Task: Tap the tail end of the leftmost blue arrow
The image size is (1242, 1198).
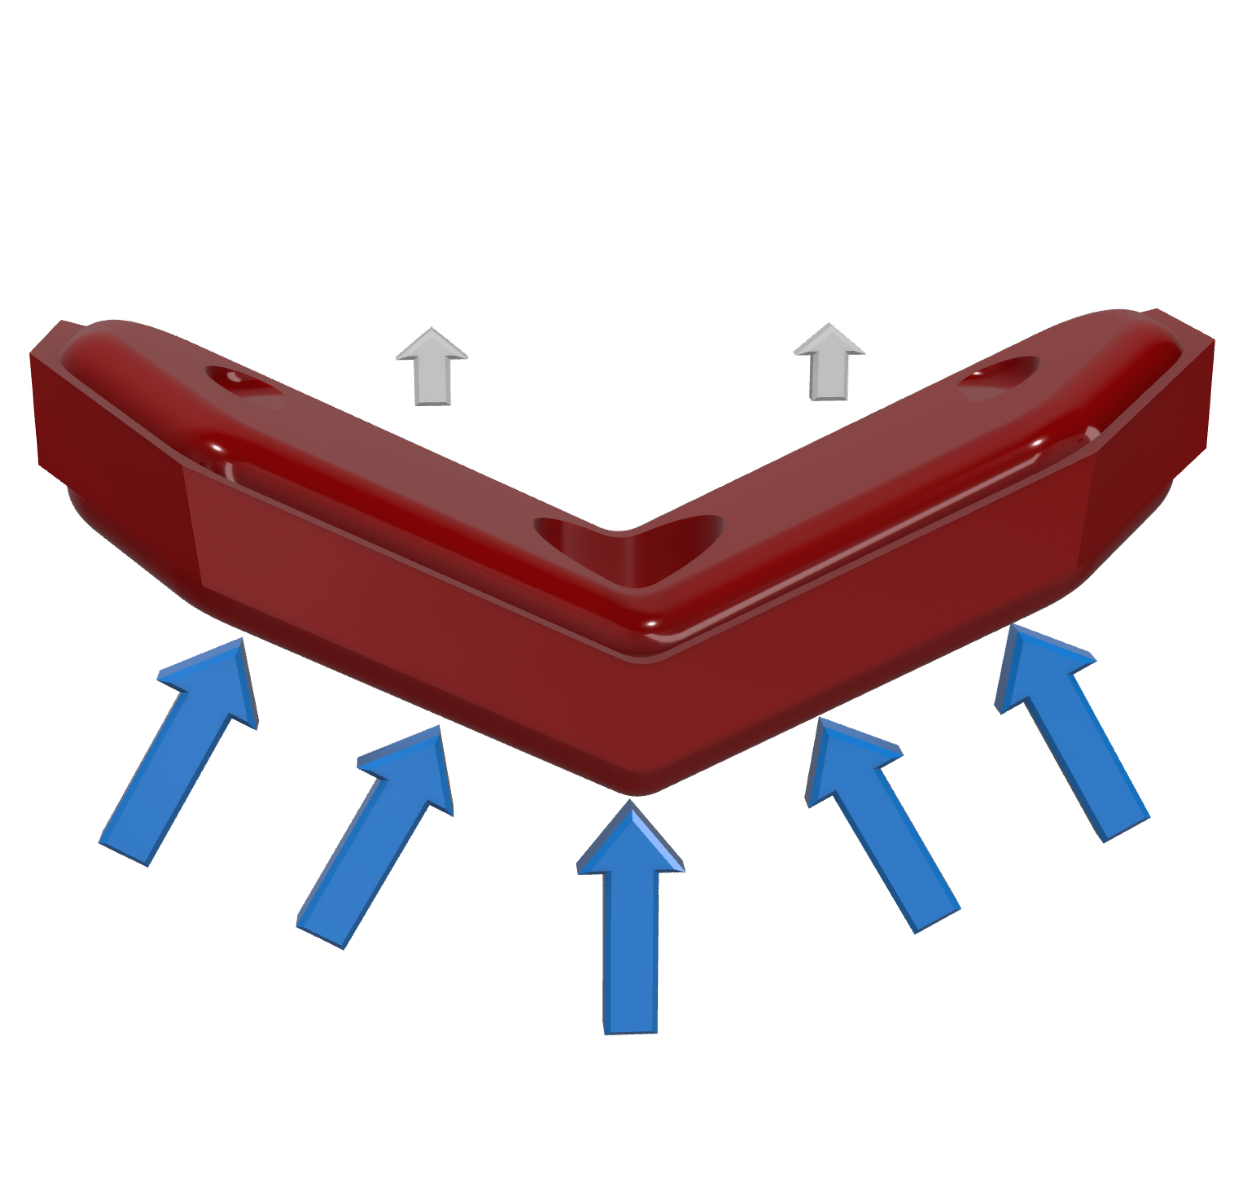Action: pos(124,852)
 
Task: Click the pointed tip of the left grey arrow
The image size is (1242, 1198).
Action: pos(432,329)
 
